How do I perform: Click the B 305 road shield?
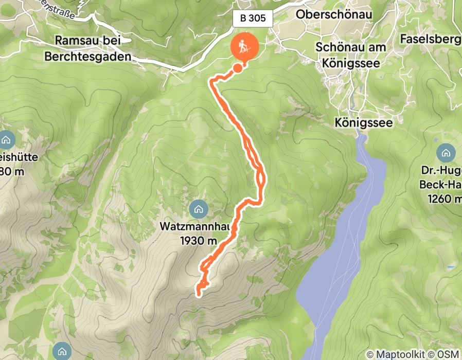[x=253, y=19]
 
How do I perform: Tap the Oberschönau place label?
[x=334, y=14]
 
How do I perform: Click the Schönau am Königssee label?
[x=348, y=54]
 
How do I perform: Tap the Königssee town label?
[x=363, y=123]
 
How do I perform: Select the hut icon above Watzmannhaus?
[x=198, y=209]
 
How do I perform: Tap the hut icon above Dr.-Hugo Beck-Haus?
[x=446, y=152]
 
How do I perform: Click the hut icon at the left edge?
[x=7, y=139]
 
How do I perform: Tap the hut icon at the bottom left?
[x=62, y=351]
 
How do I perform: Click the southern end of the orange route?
[x=198, y=294]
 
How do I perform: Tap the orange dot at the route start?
[x=238, y=67]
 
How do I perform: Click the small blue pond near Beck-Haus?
[x=451, y=267]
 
